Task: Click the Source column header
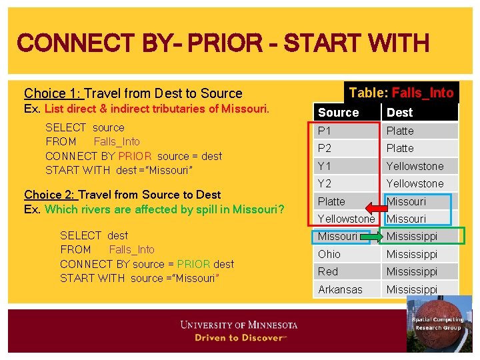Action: click(338, 113)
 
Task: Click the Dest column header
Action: click(399, 113)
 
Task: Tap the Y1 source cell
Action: click(325, 166)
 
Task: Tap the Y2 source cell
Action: click(325, 183)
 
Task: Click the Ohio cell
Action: click(329, 254)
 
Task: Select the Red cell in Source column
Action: click(328, 271)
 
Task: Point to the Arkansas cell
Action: click(339, 289)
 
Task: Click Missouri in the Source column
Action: click(337, 236)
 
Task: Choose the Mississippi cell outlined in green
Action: click(412, 236)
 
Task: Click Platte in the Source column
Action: click(331, 201)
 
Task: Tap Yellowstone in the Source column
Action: click(346, 219)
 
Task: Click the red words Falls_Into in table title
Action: click(423, 93)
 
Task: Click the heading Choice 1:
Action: click(53, 93)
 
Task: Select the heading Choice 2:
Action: click(51, 195)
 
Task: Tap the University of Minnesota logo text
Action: click(239, 325)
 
